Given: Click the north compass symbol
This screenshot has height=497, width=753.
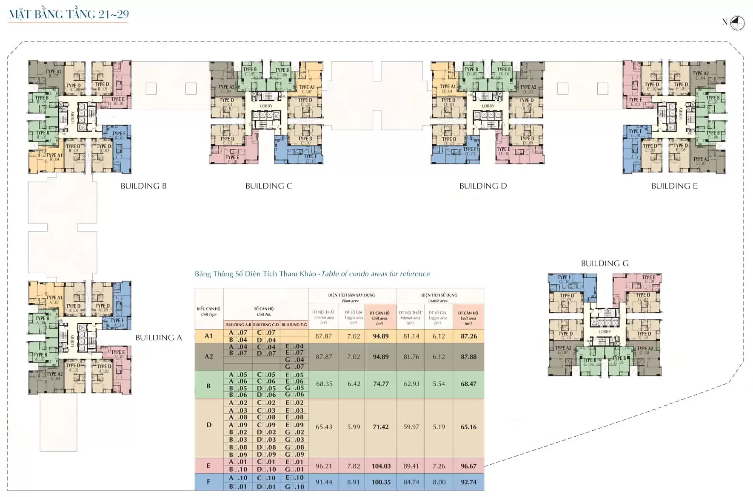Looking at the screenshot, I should [738, 23].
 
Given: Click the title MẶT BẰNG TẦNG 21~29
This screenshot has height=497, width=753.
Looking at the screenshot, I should [68, 14].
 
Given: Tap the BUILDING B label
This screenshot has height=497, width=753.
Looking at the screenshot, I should [143, 186].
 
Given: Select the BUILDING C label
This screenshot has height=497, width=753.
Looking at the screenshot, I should [268, 186].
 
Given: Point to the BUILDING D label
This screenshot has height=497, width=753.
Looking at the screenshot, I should [483, 186].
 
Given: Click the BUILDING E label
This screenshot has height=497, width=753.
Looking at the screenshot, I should [674, 186].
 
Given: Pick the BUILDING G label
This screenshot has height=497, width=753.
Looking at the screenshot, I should [605, 263].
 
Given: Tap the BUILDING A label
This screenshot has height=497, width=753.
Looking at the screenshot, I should [158, 338].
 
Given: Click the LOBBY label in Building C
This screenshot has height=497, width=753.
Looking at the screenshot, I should [266, 106].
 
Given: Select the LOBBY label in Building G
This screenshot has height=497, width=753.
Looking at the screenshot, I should [605, 332].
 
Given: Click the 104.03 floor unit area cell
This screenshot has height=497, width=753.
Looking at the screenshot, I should [381, 466].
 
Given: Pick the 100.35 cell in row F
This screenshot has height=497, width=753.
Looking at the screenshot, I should [381, 482].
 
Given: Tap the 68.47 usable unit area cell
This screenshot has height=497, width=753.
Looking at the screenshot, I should [468, 384].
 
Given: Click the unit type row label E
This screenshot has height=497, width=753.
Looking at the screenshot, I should [208, 466].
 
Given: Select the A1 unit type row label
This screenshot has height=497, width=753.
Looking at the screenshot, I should [208, 336].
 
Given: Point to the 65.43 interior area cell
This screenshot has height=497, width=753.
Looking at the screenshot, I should [324, 427].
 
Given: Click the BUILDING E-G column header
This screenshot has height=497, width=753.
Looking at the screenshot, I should [294, 325].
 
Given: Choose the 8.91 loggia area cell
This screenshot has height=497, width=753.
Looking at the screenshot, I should [354, 482].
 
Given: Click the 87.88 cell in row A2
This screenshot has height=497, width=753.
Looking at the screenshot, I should [468, 357].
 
